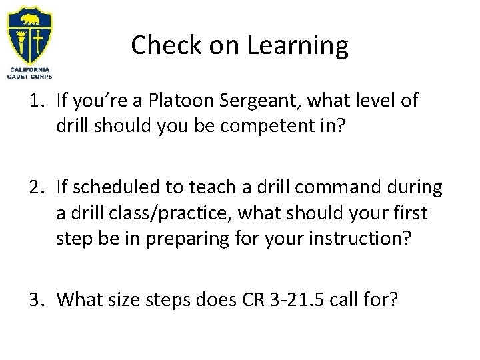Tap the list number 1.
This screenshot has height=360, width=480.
tap(35, 101)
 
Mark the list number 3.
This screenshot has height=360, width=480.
tap(35, 300)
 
